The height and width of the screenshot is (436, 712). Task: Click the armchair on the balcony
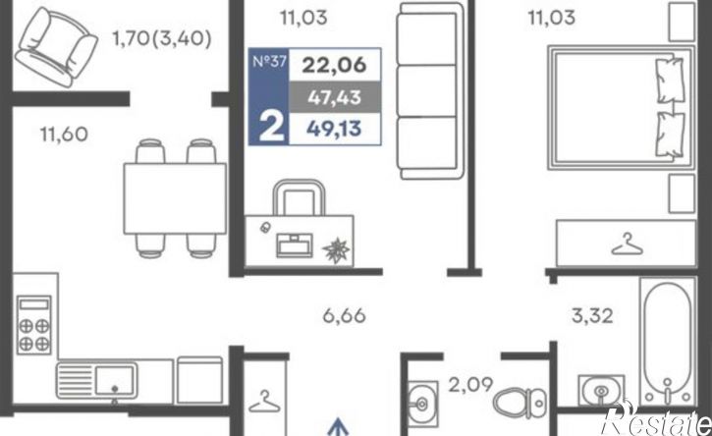click(56, 46)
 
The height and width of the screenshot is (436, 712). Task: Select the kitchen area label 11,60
click(64, 135)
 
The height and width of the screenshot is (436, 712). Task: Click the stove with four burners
click(33, 324)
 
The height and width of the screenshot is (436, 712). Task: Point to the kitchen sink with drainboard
click(96, 381)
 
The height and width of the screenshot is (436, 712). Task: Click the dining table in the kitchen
click(175, 198)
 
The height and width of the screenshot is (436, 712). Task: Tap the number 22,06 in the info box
click(334, 65)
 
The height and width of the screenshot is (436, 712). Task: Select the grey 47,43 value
click(335, 97)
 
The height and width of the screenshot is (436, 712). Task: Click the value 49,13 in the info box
click(334, 129)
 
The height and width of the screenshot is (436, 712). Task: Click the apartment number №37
click(269, 61)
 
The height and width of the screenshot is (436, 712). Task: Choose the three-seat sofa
click(430, 90)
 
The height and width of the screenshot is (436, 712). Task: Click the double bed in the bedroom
click(621, 108)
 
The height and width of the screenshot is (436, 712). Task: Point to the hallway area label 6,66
click(344, 315)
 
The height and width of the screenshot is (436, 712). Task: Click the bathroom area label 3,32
click(592, 315)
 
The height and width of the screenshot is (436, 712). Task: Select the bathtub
click(668, 341)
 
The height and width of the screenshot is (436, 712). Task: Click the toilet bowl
click(520, 403)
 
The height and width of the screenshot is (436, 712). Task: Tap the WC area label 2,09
click(470, 385)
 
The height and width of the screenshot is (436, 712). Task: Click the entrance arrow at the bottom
click(338, 427)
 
